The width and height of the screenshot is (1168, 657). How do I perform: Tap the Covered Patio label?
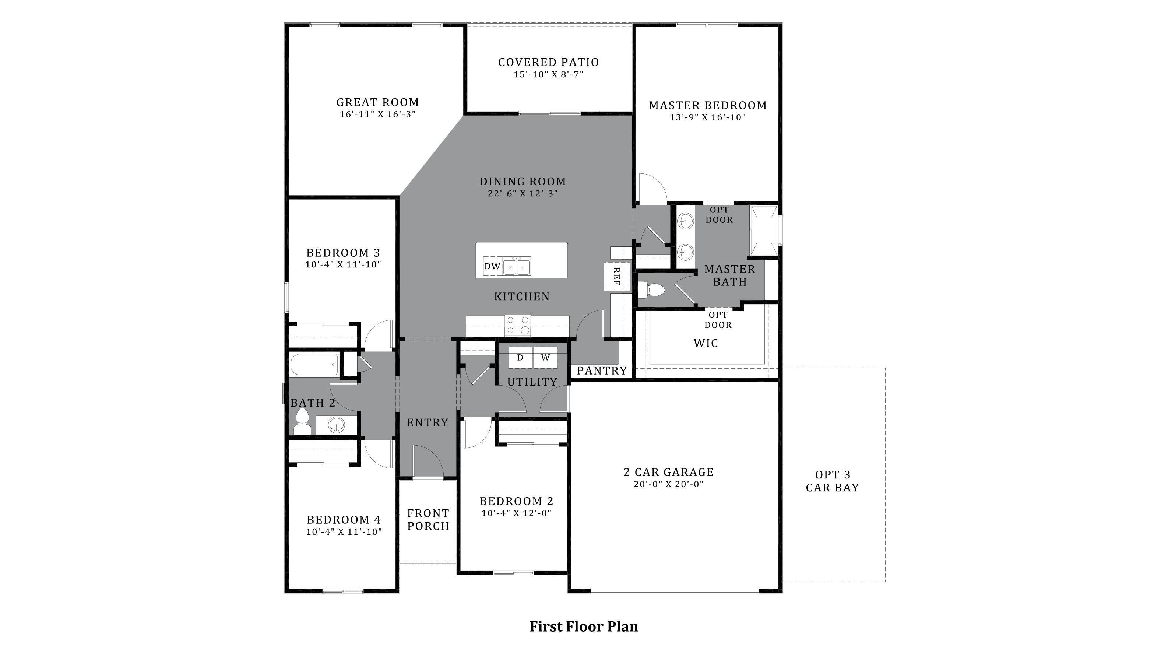tap(548, 62)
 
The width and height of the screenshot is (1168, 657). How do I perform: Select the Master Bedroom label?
tap(707, 105)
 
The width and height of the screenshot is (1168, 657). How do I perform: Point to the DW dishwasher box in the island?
tap(492, 266)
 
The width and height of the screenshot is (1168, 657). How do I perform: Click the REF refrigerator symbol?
tap(616, 276)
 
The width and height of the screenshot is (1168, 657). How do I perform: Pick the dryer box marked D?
tap(520, 357)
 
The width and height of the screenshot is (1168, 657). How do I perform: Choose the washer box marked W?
tap(545, 357)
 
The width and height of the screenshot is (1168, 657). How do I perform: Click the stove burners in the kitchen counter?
tap(518, 325)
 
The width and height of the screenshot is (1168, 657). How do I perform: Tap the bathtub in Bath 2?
tap(314, 365)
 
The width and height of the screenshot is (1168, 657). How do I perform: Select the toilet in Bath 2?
tap(302, 422)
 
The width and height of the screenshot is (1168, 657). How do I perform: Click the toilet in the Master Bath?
tap(651, 290)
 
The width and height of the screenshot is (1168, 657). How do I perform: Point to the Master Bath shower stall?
tap(764, 230)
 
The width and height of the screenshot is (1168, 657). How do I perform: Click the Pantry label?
tap(602, 370)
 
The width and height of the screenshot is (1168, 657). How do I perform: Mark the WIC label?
tap(706, 343)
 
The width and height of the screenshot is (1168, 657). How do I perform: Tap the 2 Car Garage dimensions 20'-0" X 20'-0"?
tap(668, 484)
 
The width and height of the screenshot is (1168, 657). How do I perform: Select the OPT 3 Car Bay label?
tap(833, 481)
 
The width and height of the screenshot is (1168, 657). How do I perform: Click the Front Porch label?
tap(428, 520)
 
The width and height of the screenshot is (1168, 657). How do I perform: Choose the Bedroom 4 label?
tap(344, 520)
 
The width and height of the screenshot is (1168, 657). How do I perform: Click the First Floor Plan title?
tap(584, 627)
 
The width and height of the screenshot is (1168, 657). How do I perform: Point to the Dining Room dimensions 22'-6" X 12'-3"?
tap(523, 193)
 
